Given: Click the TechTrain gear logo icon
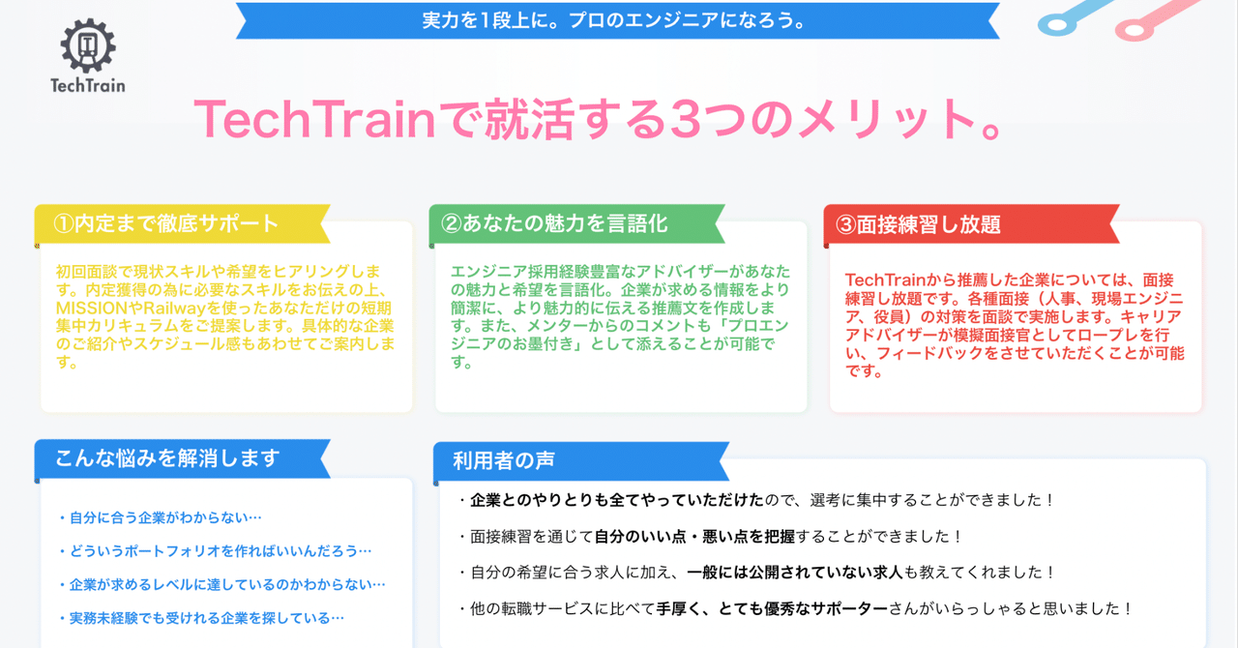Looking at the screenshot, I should point(88,45).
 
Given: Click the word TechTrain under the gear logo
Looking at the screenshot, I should point(88,85).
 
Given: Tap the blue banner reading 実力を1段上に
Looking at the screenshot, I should point(616,20).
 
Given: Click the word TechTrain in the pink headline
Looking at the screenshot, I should point(314,119).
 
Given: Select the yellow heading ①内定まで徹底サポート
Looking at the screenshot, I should point(166,223).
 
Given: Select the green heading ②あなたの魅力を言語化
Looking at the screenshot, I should point(554,223).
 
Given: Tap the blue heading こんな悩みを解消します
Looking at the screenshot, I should point(167,458).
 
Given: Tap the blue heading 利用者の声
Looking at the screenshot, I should point(503,460).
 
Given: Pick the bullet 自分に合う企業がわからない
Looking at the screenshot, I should point(161,518).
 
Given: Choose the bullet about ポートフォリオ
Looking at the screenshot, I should point(215,551).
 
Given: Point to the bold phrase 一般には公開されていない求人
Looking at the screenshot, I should point(794,573).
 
